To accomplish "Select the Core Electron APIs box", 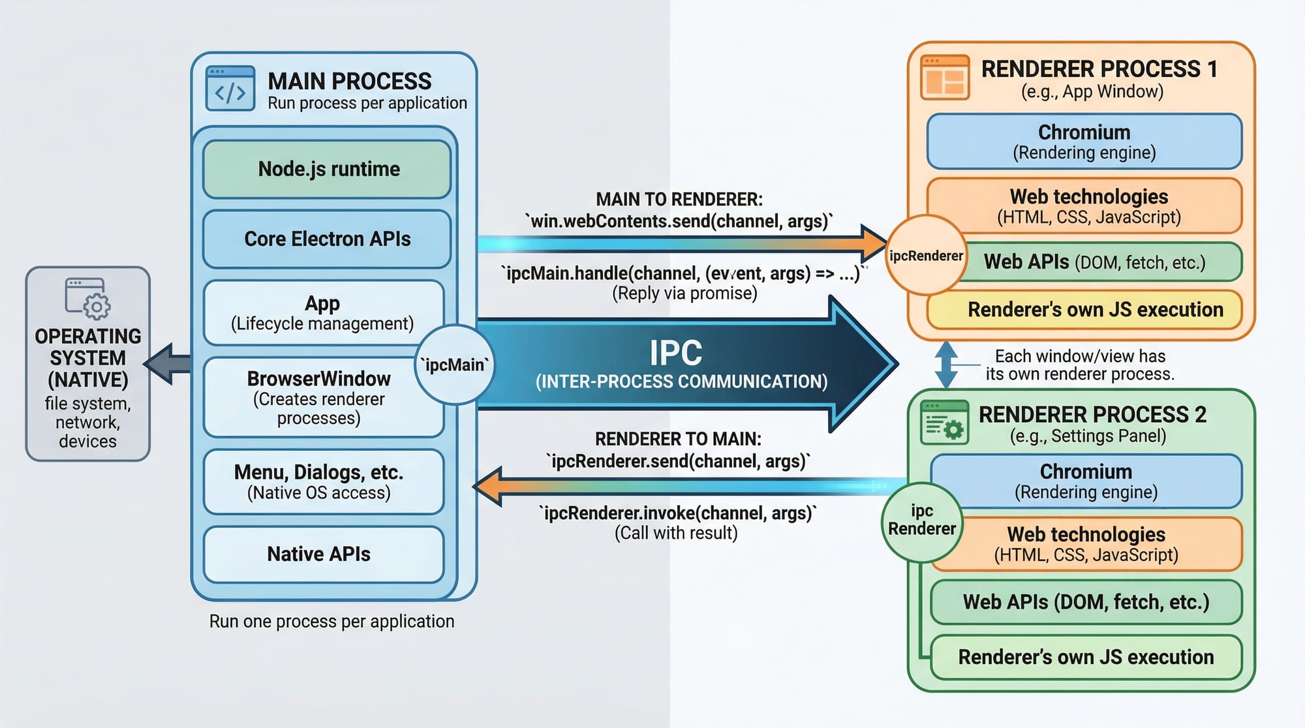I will (x=327, y=239).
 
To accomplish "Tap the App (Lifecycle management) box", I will (x=322, y=313).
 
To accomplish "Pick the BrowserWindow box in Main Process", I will (x=318, y=397).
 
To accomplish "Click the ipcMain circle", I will (x=455, y=365).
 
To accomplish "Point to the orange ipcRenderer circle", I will (x=926, y=255).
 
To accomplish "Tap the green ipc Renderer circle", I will (x=921, y=520).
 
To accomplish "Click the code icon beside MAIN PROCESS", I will (x=230, y=89).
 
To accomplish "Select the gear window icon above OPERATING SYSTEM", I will (x=87, y=298).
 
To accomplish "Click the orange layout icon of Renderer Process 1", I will (x=944, y=78).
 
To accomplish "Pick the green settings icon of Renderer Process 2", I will (x=944, y=422).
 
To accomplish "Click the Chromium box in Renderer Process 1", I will (x=1084, y=142).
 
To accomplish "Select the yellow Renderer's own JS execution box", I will (x=1095, y=310).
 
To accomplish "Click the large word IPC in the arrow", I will (x=675, y=353).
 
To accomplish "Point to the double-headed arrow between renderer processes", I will (x=946, y=365).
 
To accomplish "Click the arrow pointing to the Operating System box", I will (x=168, y=363).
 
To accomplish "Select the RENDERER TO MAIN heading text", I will (x=678, y=439).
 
